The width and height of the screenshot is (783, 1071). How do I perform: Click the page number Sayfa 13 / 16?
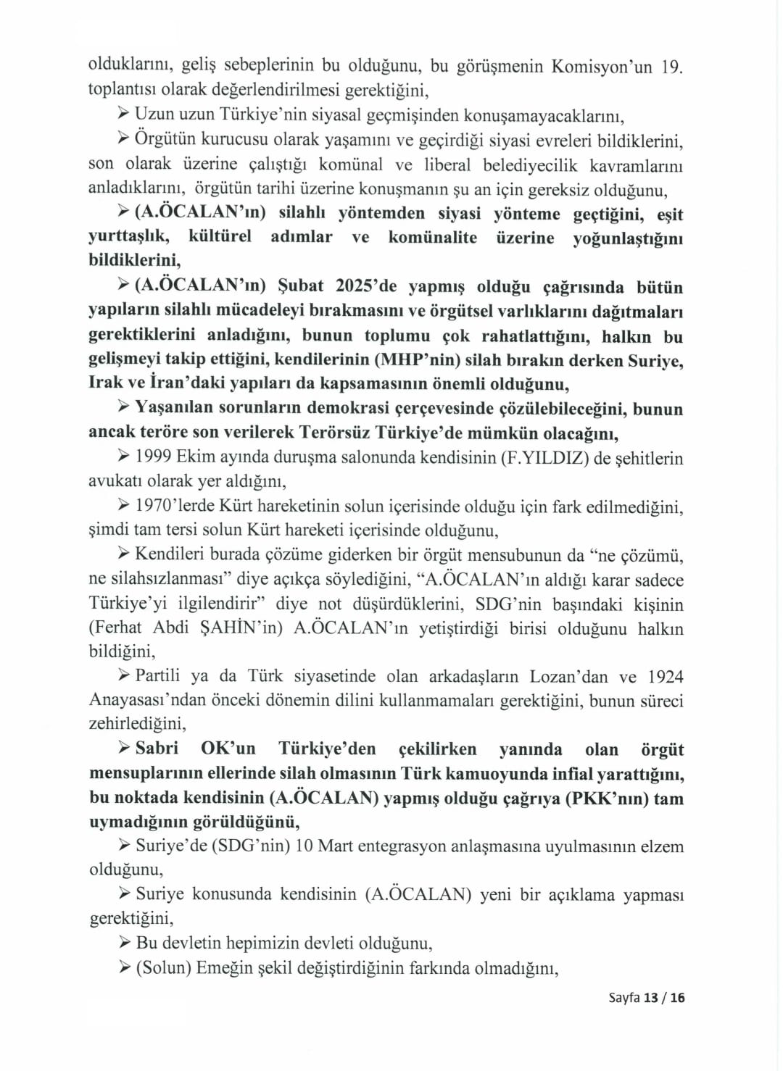click(647, 998)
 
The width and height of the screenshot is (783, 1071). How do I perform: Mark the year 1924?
click(666, 676)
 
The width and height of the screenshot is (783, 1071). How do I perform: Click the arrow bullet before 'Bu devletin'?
click(124, 943)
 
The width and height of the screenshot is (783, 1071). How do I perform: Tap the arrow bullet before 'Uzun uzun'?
click(124, 115)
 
